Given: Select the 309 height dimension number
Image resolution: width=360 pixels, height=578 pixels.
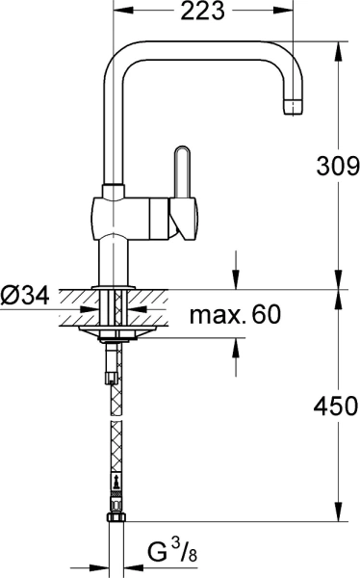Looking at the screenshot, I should pyautogui.click(x=336, y=166).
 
